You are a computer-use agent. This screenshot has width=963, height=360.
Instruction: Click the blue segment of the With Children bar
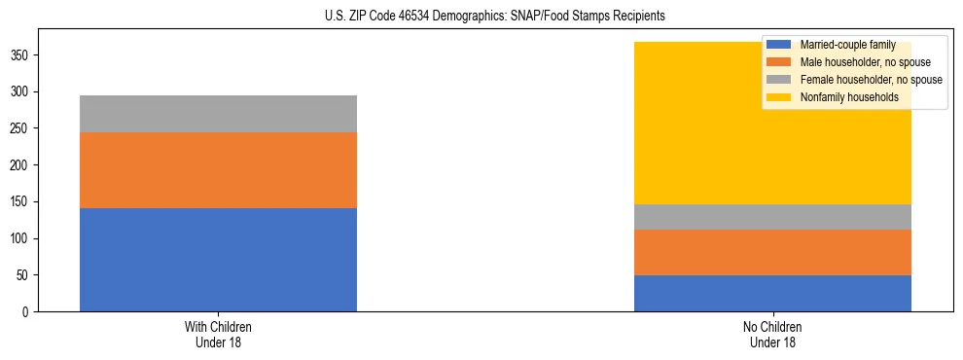tap(218, 260)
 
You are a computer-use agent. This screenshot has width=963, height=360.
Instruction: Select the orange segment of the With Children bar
tap(218, 170)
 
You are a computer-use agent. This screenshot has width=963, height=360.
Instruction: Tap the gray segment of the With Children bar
tap(218, 114)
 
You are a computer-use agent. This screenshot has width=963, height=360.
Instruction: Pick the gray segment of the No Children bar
tap(772, 217)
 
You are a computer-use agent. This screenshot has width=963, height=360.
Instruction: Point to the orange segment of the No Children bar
tap(772, 252)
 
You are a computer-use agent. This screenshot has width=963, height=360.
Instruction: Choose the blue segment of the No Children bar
tap(772, 293)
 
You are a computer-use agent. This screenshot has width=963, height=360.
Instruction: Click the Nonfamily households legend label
tap(841, 97)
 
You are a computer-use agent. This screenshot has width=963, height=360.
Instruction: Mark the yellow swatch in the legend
tap(779, 97)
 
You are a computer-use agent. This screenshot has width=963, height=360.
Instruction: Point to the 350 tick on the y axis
tap(20, 55)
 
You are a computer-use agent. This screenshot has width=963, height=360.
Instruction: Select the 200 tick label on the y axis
tap(20, 165)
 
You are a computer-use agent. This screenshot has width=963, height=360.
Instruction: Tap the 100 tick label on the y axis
tap(20, 239)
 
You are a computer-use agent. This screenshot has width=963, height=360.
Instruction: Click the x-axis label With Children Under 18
tap(218, 334)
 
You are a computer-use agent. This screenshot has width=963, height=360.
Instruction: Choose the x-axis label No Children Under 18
tap(772, 334)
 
